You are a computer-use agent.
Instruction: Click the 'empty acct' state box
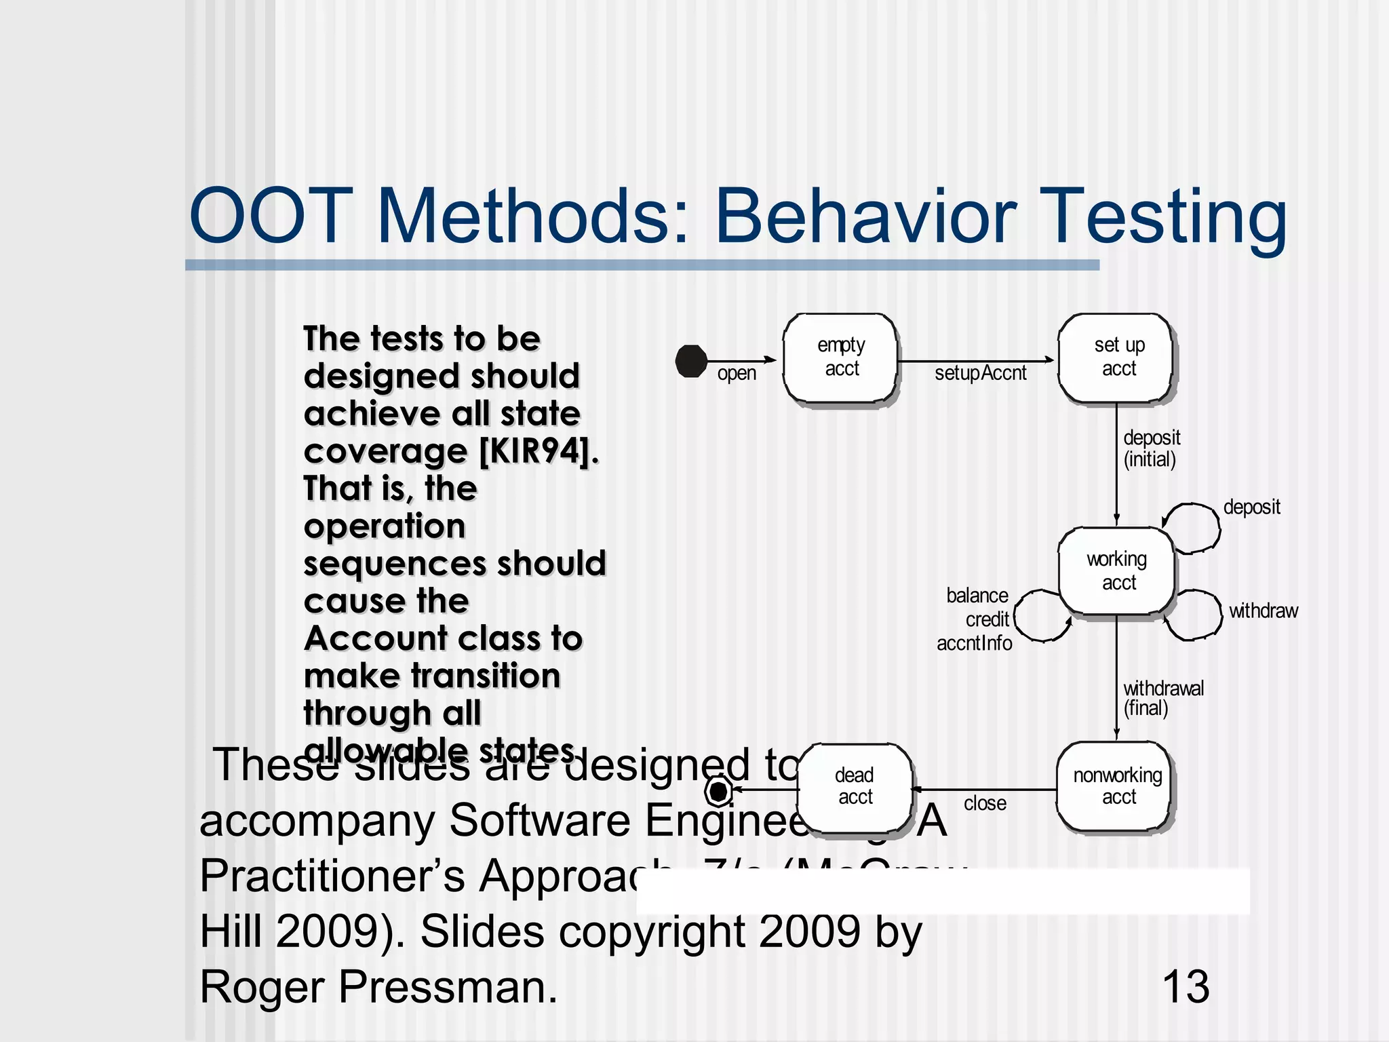click(841, 358)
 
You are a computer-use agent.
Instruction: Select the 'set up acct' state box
click(1117, 358)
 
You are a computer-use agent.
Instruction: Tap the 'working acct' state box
click(1117, 571)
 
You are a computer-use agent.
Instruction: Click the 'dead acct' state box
click(855, 787)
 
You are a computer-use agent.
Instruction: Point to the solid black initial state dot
click(691, 361)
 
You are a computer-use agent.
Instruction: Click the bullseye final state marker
click(718, 790)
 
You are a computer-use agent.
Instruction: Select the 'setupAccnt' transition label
click(980, 373)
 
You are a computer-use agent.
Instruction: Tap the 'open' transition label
click(737, 374)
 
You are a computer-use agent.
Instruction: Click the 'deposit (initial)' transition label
click(1151, 448)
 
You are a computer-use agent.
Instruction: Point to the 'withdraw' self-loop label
click(1263, 611)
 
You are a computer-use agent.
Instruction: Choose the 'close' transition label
click(985, 804)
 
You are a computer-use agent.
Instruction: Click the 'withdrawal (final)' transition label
click(1162, 698)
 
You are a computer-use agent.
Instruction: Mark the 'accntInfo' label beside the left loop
click(974, 643)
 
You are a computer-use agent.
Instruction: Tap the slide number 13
click(1186, 986)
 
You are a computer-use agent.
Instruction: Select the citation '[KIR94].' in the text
click(539, 451)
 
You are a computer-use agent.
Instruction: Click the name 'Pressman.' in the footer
click(448, 986)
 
